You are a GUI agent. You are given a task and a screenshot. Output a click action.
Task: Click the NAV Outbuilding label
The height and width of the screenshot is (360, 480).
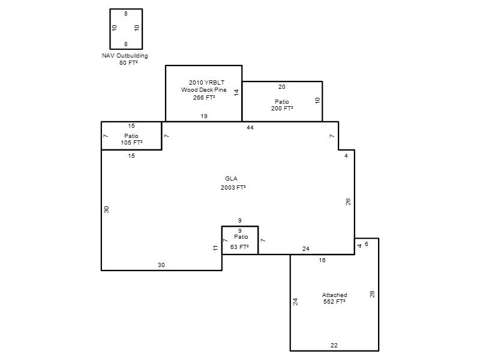(x=125, y=56)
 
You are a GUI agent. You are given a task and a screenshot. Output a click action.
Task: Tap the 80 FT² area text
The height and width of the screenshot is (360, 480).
(x=128, y=63)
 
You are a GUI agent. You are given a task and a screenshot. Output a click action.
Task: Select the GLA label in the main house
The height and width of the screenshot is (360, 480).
(x=231, y=178)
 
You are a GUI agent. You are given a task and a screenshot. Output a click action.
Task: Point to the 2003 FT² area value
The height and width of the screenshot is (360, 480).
(x=233, y=187)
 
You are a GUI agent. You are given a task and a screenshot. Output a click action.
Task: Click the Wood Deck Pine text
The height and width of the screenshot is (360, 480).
(x=204, y=89)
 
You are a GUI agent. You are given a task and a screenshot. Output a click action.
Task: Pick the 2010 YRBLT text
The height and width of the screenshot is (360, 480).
(x=206, y=82)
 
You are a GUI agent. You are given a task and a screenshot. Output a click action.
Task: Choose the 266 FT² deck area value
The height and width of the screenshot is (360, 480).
(x=204, y=97)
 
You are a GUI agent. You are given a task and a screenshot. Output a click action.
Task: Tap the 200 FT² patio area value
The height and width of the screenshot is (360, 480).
(x=282, y=109)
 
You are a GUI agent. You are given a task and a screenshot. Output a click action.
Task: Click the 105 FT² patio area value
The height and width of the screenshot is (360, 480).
(x=131, y=143)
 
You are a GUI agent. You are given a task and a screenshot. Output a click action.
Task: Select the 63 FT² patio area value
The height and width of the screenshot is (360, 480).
(x=239, y=247)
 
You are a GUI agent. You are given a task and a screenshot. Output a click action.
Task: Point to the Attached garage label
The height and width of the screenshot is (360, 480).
(x=335, y=295)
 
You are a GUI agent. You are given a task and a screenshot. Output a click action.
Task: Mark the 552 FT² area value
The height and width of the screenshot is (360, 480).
(x=335, y=302)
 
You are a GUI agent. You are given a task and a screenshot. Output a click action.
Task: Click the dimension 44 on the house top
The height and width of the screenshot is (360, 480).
(x=250, y=128)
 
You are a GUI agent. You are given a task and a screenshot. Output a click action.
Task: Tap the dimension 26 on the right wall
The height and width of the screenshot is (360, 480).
(x=348, y=202)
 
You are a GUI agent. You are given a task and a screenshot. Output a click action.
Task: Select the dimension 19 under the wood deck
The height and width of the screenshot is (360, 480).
(x=204, y=116)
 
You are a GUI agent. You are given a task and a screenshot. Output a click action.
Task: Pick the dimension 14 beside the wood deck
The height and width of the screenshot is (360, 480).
(x=236, y=92)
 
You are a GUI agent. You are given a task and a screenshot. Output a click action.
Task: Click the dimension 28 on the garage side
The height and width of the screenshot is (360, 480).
(x=372, y=294)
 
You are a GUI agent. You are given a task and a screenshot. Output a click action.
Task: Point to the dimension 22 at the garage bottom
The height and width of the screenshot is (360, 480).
(x=334, y=346)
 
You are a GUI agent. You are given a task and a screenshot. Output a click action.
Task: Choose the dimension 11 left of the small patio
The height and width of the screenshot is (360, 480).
(x=215, y=248)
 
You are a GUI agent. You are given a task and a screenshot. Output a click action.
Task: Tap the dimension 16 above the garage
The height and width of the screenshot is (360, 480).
(x=322, y=260)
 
